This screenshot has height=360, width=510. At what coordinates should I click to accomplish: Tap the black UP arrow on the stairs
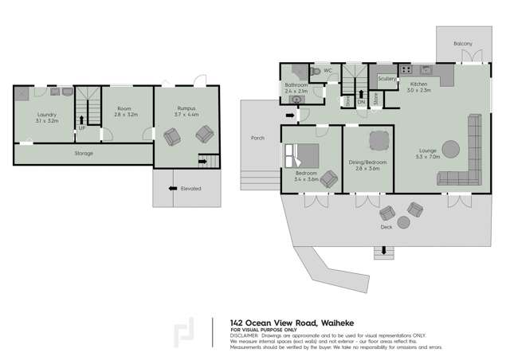point(82,120)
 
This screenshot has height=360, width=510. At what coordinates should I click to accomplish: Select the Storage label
point(84,154)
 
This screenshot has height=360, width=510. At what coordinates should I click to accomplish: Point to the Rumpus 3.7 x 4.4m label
point(186,112)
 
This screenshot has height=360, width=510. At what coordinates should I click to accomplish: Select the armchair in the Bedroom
point(329,181)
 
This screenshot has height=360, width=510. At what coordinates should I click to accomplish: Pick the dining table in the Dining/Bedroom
point(377,142)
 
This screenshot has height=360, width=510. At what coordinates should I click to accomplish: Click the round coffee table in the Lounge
point(450,149)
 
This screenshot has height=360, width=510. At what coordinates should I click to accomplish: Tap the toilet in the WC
point(317,72)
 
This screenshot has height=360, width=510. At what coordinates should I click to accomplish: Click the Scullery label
point(387,79)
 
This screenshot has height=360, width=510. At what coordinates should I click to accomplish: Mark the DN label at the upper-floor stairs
point(361,101)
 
